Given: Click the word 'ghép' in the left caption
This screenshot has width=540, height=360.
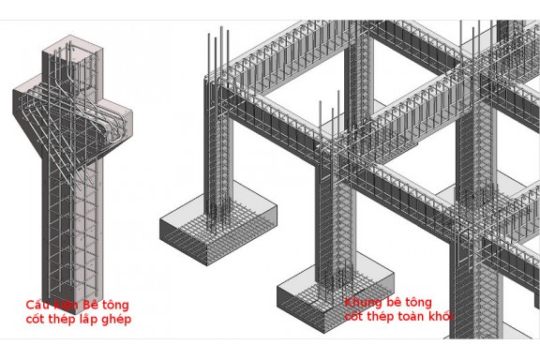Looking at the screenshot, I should pos(128,321).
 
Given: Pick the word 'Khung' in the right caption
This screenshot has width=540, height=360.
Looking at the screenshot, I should pos(363,303).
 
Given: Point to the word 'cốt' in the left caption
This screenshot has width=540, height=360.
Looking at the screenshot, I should pos(37,320).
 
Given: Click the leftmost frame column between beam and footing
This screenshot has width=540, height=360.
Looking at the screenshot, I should pos(222,150).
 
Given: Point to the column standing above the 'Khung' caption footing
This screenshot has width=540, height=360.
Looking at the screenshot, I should pos(333,225).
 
